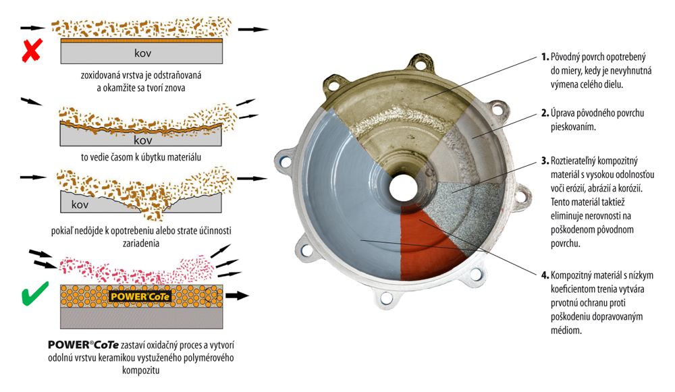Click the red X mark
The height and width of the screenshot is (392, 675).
pos(32,50)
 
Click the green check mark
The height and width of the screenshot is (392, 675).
pos(34,294)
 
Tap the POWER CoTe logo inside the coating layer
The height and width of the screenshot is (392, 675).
pos(140,296)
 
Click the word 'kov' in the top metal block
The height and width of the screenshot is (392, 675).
pos(142,53)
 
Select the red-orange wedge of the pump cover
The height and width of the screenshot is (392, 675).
pos(426,243)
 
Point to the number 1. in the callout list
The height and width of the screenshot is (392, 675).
pos(545,57)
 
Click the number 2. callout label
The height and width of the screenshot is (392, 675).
pos(545,113)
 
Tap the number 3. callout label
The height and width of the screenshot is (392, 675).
pos(545,161)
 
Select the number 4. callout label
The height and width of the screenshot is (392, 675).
pos(545,275)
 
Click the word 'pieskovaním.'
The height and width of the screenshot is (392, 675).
pos(573,128)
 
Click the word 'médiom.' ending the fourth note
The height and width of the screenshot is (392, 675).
pos(566,331)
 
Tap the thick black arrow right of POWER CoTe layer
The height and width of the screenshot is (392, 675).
pos(237,296)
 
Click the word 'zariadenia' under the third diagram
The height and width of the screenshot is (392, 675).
pos(141,244)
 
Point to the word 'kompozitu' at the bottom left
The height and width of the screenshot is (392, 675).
pos(141,370)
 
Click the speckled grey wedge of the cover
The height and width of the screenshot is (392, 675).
pos(469,211)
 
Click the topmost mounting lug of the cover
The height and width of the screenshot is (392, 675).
pos(420,63)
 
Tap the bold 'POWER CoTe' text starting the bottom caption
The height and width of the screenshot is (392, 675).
pos(83,345)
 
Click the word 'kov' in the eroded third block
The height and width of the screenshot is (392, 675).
pos(80,205)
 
